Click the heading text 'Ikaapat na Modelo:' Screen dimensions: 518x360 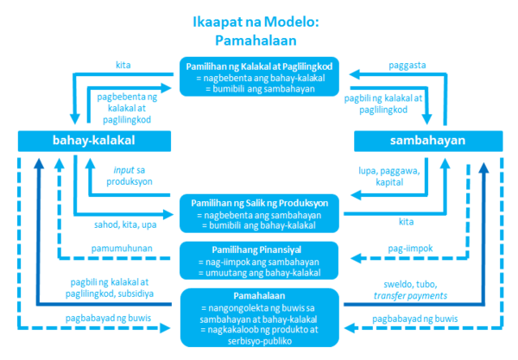tap(256, 22)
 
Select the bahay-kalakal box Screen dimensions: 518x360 tap(94, 141)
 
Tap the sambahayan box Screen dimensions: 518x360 tap(428, 141)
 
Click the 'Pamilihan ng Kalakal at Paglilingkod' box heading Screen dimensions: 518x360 tap(259, 66)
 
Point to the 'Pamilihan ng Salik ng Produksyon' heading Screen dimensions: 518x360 tap(260, 203)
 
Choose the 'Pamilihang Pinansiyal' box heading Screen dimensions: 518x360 tap(256, 250)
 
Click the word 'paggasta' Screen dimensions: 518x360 tap(407, 66)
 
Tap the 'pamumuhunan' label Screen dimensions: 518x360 tap(122, 249)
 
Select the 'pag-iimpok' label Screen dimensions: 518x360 tap(410, 249)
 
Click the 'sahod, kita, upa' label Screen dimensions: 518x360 tap(125, 225)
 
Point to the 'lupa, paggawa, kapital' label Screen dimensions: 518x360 tap(389, 176)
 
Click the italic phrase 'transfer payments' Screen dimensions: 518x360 tap(410, 295)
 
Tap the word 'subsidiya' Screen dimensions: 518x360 tap(137, 294)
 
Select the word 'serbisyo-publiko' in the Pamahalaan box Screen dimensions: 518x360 tap(260, 341)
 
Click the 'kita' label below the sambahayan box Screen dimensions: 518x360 tap(407, 222)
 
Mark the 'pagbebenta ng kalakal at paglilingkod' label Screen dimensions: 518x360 tap(127, 108)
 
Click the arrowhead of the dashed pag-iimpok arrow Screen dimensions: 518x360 tap(356, 258)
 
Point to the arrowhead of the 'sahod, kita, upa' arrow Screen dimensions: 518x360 tap(169, 214)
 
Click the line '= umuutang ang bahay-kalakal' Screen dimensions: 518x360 tap(260, 273)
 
